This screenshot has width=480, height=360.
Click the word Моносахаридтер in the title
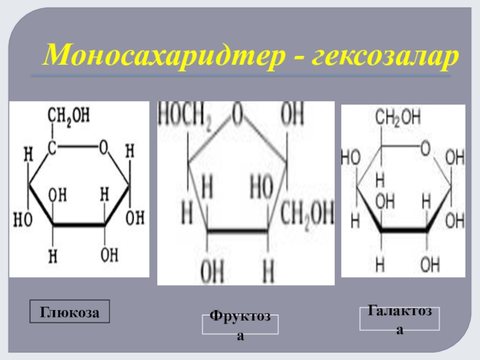[x=156, y=56]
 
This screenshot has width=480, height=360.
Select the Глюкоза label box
[x=71, y=311]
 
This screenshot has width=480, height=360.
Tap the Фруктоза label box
[x=240, y=324]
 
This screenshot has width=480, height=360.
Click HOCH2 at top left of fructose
[x=186, y=113]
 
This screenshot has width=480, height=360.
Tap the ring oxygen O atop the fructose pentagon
[x=238, y=113]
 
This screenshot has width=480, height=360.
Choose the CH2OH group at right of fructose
[x=306, y=213]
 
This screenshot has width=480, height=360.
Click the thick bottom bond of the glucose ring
[x=79, y=225]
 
